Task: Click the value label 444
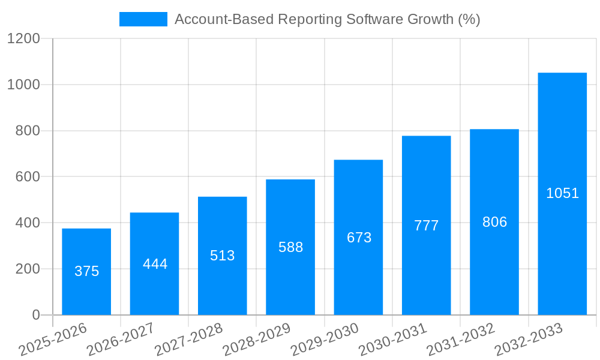coord(155,264)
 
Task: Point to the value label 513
coord(223,256)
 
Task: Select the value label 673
coord(359,238)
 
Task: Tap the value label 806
coord(494,222)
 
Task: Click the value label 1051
coord(562,193)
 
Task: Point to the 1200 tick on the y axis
coord(23,39)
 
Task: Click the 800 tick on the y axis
coord(28,131)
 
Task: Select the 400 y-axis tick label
coord(28,223)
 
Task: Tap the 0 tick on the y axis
coord(35,315)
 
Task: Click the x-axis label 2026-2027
coord(121,339)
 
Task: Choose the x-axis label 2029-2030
coord(325,339)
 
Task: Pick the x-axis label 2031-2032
coord(461,339)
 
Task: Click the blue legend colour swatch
coord(143,19)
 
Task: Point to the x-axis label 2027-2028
coord(188,339)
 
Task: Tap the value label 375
coord(86,271)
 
